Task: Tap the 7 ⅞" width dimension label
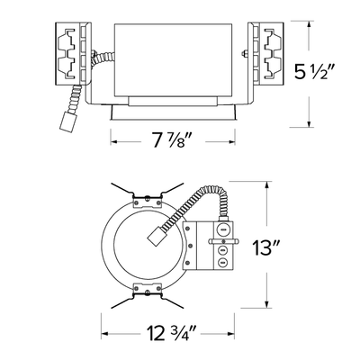pos(172,139)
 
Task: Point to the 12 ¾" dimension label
pos(171,332)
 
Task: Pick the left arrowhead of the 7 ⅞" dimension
pos(115,141)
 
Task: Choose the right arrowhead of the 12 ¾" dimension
pos(230,334)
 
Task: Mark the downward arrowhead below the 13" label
pos(266,303)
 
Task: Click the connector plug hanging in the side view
pos(67,121)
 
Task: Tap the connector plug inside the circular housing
pos(157,236)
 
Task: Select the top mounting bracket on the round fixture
pos(147,200)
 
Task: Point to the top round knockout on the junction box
pos(222,229)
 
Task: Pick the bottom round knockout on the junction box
pos(222,263)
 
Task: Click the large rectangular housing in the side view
pos(174,60)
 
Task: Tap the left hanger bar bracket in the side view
pos(74,53)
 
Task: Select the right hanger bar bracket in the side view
pos(265,53)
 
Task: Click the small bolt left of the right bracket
pos(244,54)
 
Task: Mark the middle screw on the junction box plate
pos(190,246)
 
